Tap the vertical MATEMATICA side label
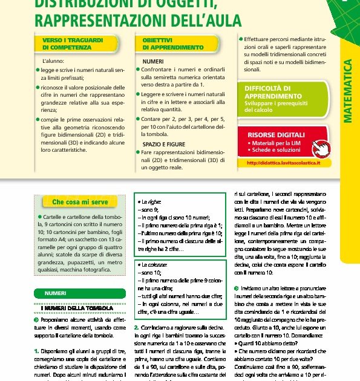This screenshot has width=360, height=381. point(349,91)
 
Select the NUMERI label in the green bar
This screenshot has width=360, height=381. point(56,294)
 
